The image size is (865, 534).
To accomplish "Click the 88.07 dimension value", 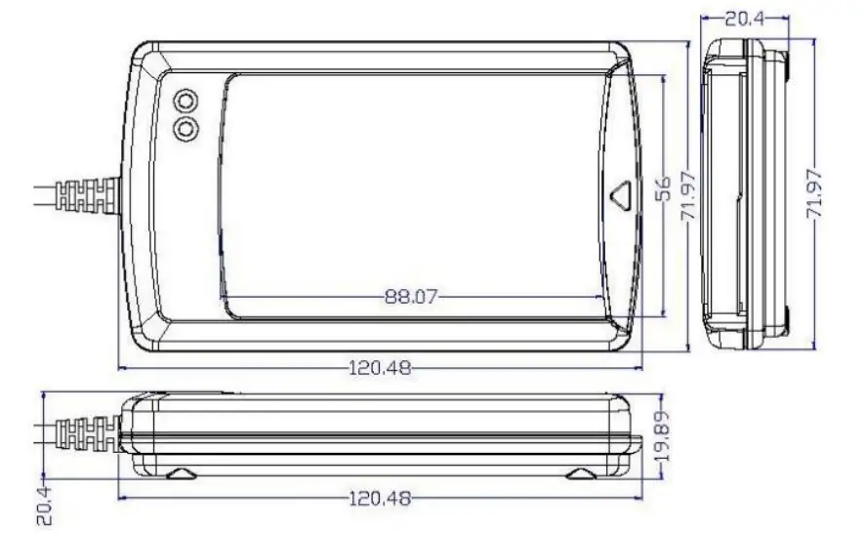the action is [x=410, y=298].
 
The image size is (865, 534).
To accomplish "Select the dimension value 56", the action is [x=664, y=188].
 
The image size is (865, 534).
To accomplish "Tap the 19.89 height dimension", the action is [x=664, y=436].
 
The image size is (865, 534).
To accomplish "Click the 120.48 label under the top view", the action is [x=381, y=368].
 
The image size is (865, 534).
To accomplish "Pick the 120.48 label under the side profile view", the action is [x=381, y=499].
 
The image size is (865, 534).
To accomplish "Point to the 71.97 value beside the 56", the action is [x=688, y=196].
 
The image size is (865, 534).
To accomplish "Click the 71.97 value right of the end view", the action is [x=814, y=194].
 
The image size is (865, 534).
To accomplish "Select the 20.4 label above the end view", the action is [x=744, y=20].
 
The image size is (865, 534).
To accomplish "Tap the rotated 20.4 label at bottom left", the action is [x=45, y=505].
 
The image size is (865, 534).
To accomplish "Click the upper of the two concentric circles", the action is [x=185, y=101].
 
